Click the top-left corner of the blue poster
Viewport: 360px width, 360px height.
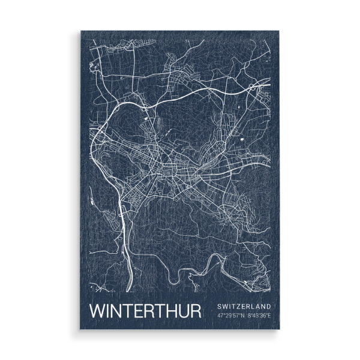coord(81,32)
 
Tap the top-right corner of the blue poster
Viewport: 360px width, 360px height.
coord(280,32)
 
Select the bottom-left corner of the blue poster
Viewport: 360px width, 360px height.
coord(81,329)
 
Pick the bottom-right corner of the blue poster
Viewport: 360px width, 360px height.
coord(280,329)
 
